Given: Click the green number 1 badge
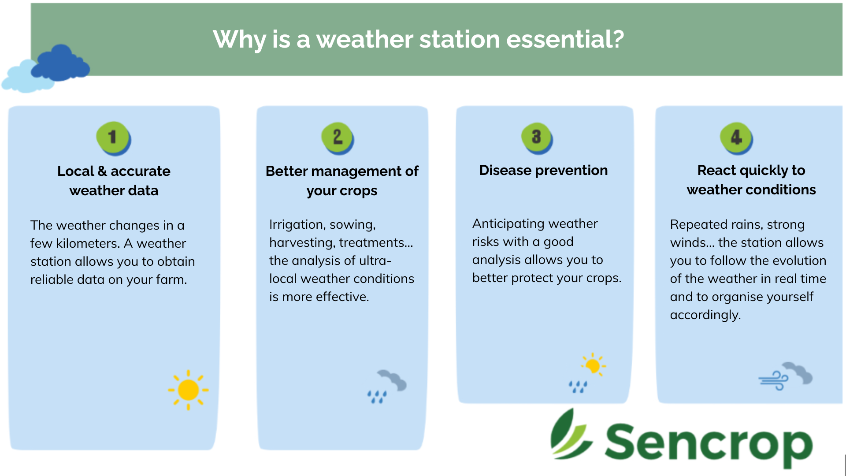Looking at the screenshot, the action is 113,138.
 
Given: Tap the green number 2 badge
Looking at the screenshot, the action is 338,138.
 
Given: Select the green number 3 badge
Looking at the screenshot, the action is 537,138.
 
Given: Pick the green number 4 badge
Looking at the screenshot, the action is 736,138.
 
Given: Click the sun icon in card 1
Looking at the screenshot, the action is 188,390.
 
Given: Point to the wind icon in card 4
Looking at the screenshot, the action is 785,376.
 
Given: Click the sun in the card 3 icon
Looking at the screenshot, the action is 593,365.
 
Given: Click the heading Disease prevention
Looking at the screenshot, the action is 543,170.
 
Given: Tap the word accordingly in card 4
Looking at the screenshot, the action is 705,315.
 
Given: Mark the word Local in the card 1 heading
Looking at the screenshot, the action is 76,171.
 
